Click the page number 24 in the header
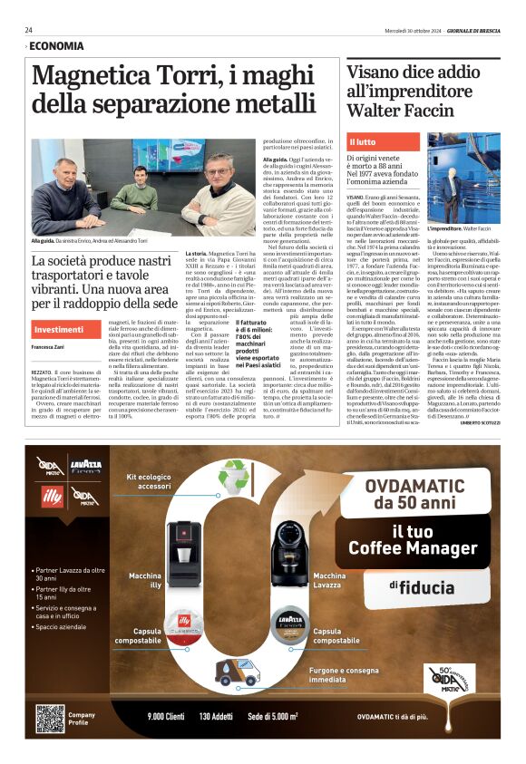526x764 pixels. pyautogui.click(x=29, y=30)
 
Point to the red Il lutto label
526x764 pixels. pyautogui.click(x=363, y=142)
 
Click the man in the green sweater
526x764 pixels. pyautogui.click(x=139, y=187)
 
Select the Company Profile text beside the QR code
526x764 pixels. pyautogui.click(x=82, y=718)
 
